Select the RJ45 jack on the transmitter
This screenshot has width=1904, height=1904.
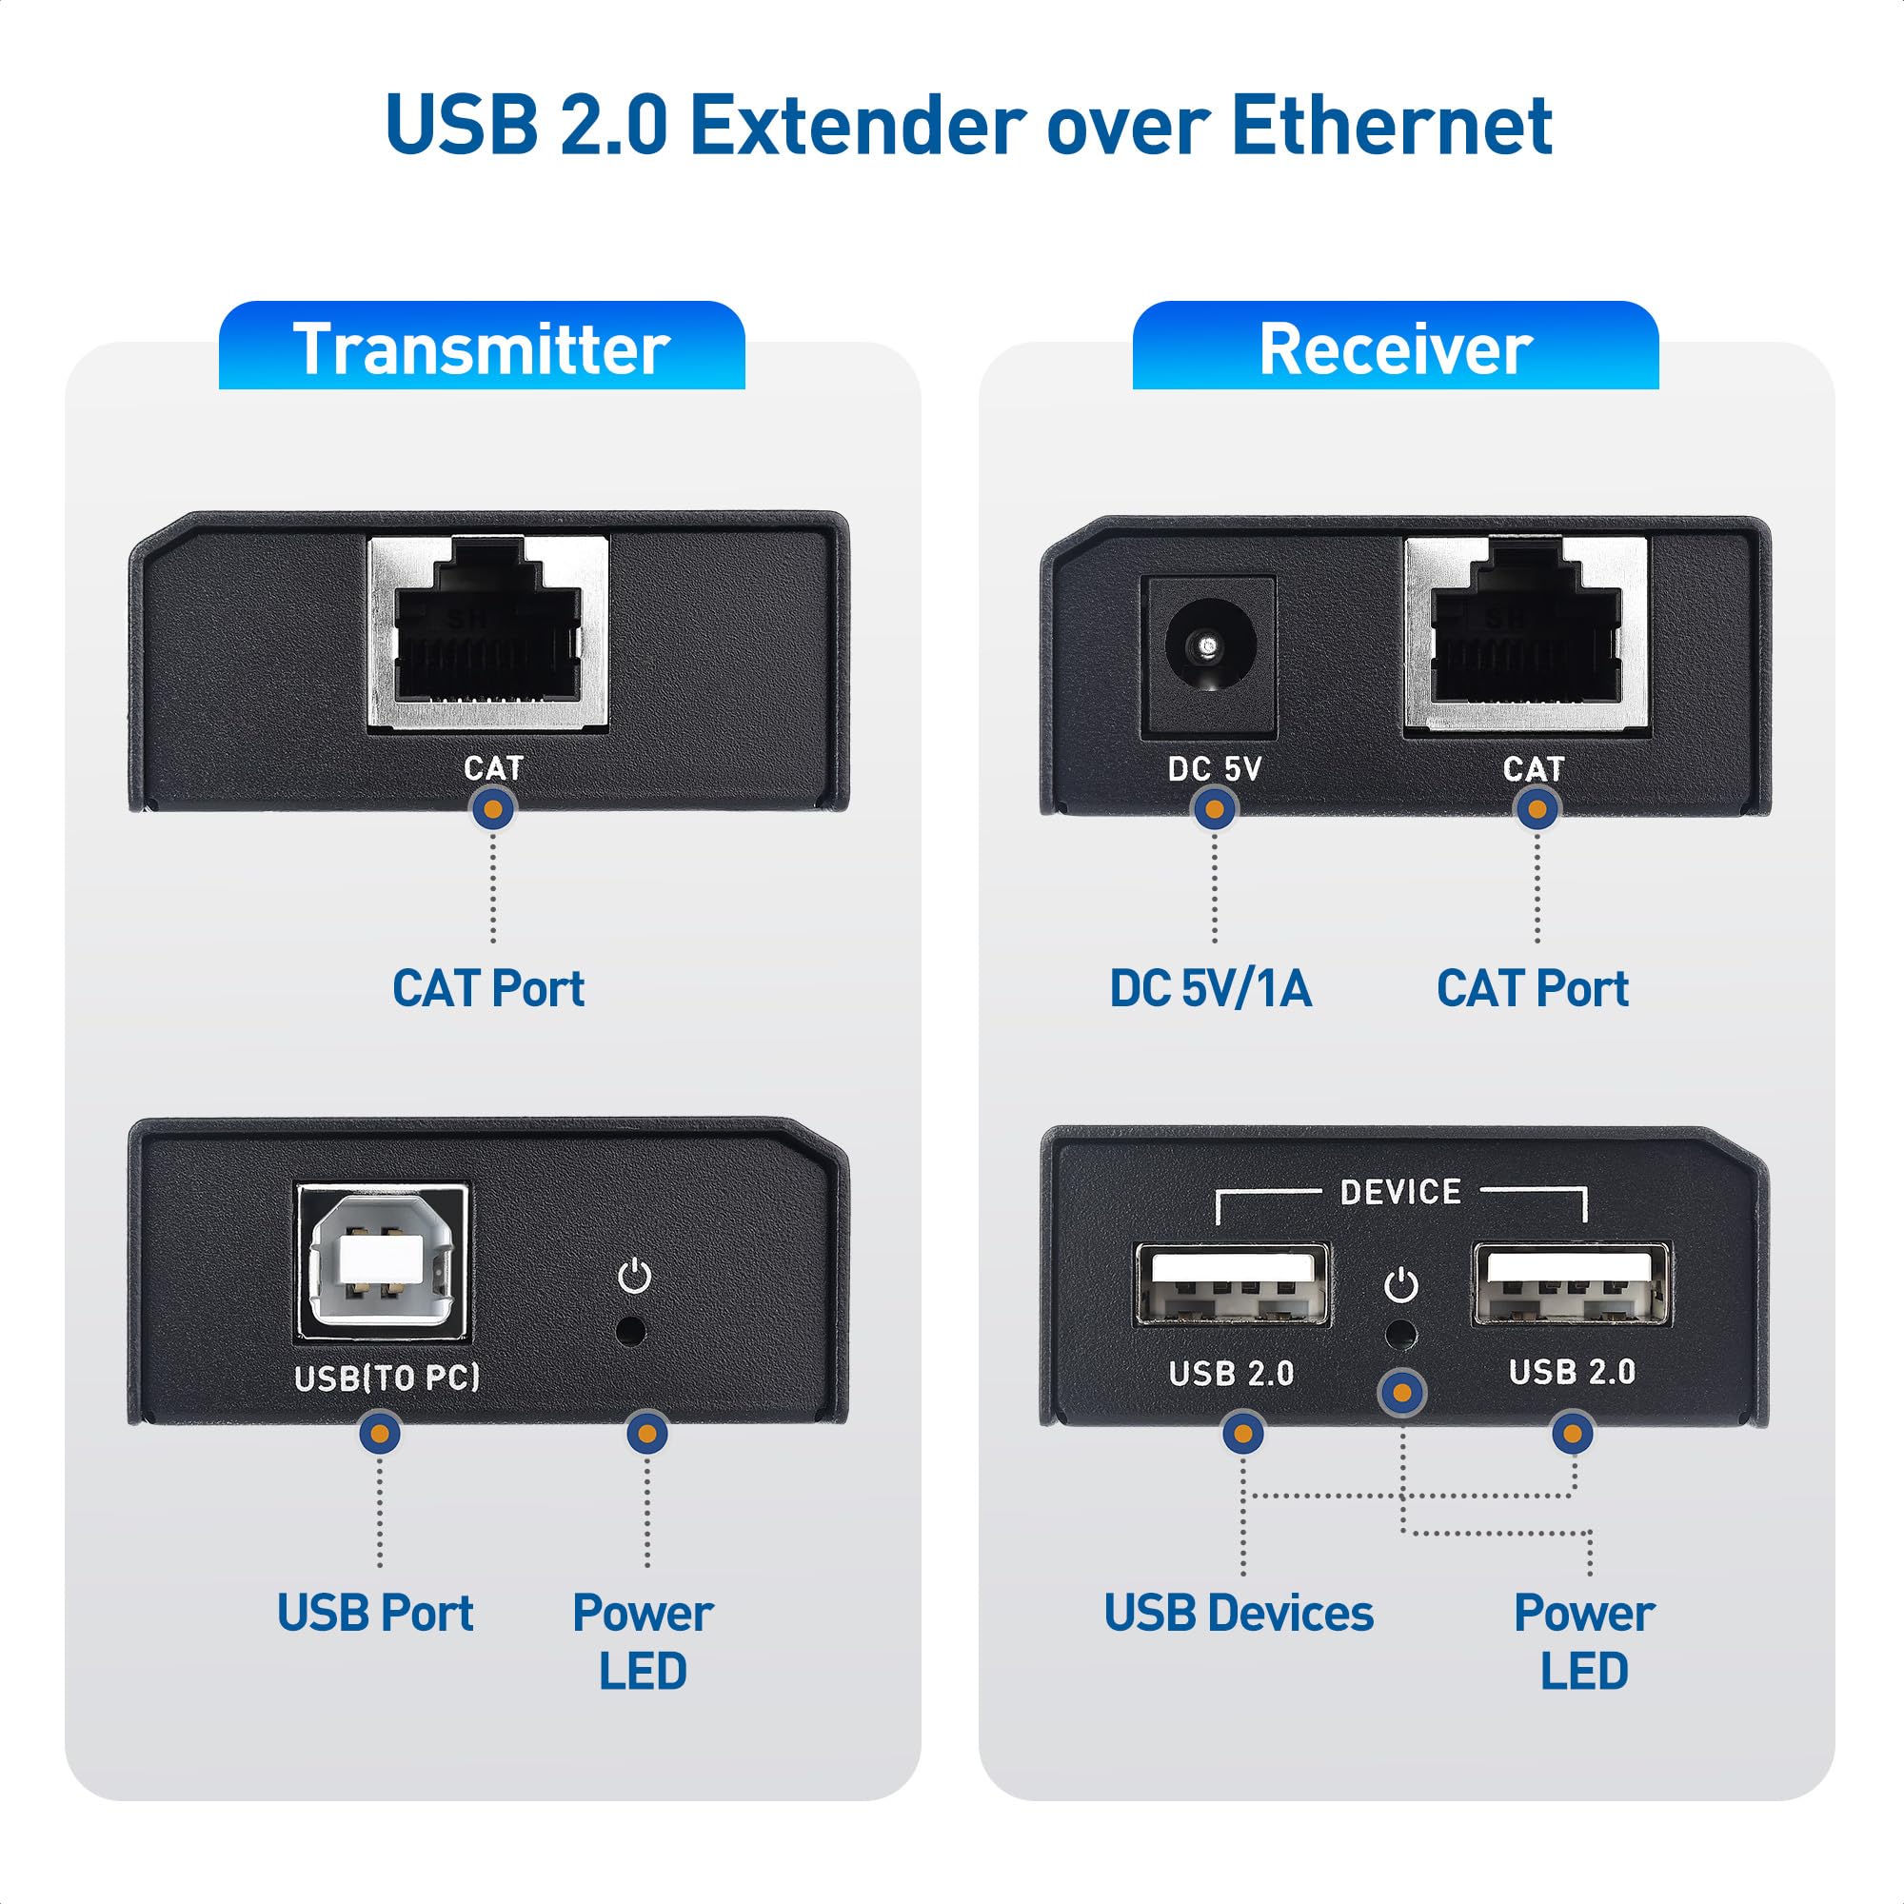[487, 633]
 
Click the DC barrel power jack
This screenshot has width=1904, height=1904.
[1209, 647]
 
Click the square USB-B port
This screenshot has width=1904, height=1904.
[383, 1263]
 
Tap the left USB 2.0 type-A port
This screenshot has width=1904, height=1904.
[1232, 1285]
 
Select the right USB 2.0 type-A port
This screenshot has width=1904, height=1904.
[1571, 1284]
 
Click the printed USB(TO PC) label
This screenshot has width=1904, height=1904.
[387, 1377]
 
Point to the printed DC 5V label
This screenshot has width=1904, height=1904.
[1214, 768]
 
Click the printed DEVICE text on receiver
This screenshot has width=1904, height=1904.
[1400, 1193]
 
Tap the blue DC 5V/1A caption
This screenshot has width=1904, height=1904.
[1210, 988]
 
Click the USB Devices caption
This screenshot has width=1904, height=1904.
[1238, 1614]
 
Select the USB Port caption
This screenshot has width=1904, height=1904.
[374, 1614]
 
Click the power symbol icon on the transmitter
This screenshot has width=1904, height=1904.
[634, 1277]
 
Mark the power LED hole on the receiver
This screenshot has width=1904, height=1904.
[1400, 1336]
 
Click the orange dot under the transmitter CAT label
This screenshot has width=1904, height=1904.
[493, 809]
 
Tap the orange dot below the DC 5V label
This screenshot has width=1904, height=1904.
[1214, 809]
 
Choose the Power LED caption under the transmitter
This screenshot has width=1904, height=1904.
[643, 1642]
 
